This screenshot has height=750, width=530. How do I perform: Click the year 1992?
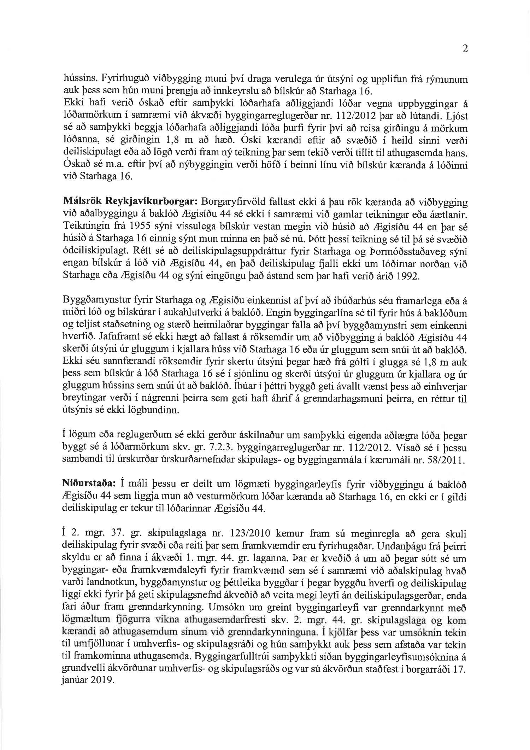pyautogui.click(x=408, y=275)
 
